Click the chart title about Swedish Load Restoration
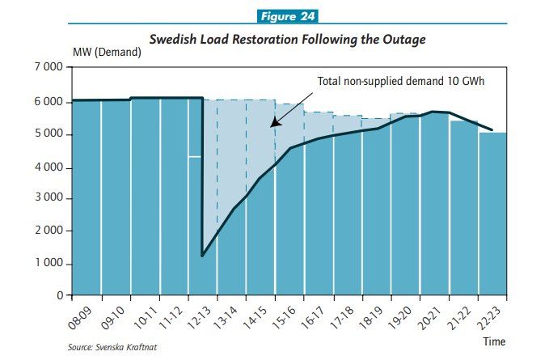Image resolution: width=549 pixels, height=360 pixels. pos(287,39)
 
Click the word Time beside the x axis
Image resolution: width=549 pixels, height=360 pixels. pos(494,341)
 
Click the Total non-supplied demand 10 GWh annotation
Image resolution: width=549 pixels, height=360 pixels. pos(399,81)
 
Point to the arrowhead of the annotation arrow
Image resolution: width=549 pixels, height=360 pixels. pos(273,125)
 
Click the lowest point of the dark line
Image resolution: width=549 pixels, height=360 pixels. pos(202,256)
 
